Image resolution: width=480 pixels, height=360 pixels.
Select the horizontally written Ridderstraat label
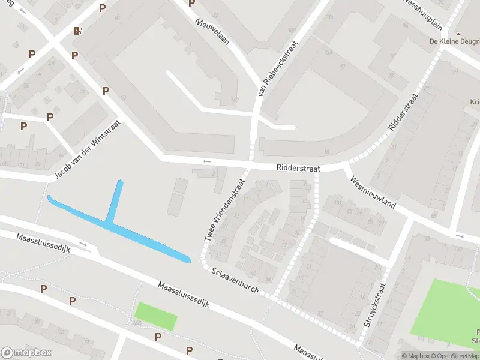click(298, 169)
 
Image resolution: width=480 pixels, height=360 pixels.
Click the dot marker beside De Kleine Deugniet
click(458, 34)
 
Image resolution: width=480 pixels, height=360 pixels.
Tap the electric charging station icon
click(77, 31)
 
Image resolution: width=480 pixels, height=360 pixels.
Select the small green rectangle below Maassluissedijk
click(156, 316)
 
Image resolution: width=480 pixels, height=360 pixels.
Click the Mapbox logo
click(26, 353)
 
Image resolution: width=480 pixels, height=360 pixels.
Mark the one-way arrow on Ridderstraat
click(207, 161)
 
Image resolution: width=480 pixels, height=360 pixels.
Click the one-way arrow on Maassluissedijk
click(83, 245)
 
